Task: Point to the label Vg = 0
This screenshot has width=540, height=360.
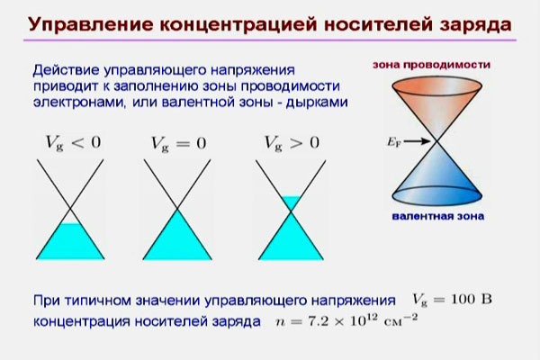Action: (176, 142)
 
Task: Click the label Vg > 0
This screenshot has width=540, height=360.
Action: (289, 142)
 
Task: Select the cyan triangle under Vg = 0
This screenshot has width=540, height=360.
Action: (176, 236)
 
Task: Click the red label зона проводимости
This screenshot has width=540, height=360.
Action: (431, 66)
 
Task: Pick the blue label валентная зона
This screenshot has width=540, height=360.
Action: (437, 217)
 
